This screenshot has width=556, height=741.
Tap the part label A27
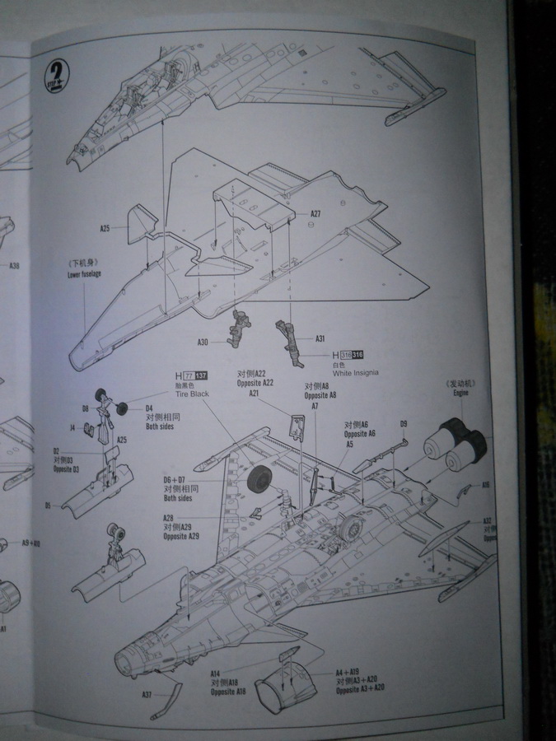click(315, 214)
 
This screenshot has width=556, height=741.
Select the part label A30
click(203, 343)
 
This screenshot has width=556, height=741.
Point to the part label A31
click(320, 338)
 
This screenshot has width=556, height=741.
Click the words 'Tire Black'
click(191, 394)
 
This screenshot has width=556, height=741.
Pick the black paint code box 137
click(202, 376)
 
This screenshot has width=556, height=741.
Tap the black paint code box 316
click(357, 354)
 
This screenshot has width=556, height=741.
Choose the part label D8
click(86, 408)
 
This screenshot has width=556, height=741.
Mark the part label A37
click(146, 694)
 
